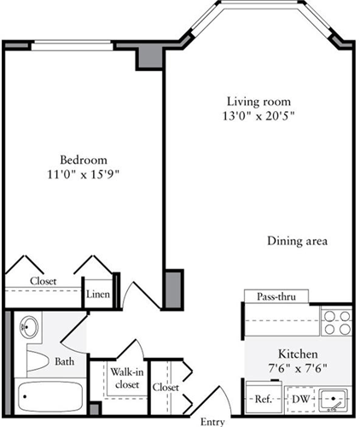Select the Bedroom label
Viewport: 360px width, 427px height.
(83, 160)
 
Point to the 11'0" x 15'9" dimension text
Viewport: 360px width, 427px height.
(83, 176)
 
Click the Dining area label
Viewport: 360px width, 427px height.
(297, 241)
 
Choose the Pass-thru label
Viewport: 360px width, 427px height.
(272, 296)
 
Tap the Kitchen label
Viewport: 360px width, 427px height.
(298, 354)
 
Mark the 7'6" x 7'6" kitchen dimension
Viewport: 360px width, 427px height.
(298, 369)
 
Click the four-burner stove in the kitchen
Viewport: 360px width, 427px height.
(335, 322)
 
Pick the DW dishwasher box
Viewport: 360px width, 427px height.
(299, 399)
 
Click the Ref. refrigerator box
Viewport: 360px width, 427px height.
(263, 399)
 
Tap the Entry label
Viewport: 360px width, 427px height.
(214, 421)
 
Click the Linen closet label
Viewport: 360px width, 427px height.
(96, 295)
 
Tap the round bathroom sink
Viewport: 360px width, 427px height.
(28, 327)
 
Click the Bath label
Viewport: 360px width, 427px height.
(65, 361)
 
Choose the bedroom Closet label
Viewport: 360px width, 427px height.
(44, 280)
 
